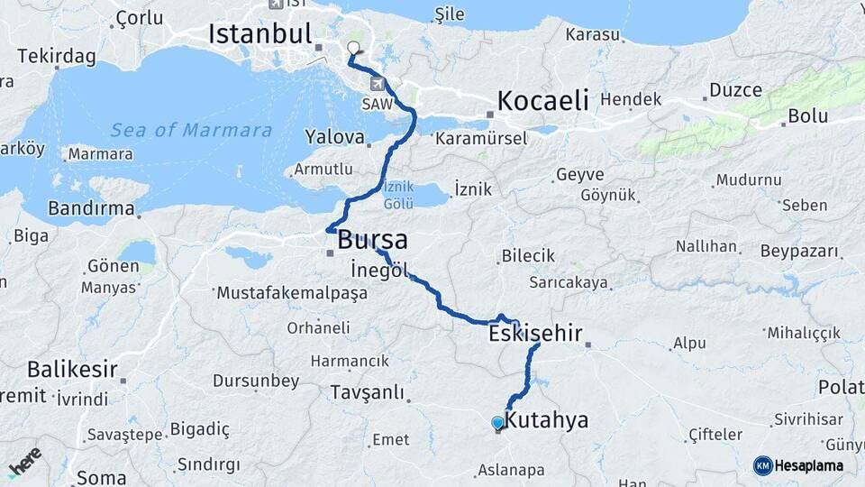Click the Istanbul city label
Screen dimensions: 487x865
click(259, 34)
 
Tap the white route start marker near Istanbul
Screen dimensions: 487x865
click(353, 49)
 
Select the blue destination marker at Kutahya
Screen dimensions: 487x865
click(497, 423)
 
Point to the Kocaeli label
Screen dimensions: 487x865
click(542, 99)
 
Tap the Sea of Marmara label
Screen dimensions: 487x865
click(191, 131)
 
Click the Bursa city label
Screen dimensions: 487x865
click(372, 241)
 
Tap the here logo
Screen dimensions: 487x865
click(24, 462)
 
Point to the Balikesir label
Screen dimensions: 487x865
click(72, 369)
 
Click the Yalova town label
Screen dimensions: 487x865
click(334, 138)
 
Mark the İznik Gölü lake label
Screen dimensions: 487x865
click(398, 196)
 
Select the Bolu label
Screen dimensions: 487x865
click(807, 116)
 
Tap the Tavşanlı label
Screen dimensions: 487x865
click(367, 392)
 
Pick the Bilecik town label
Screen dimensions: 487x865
click(528, 256)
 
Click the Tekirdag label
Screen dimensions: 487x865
click(56, 56)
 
